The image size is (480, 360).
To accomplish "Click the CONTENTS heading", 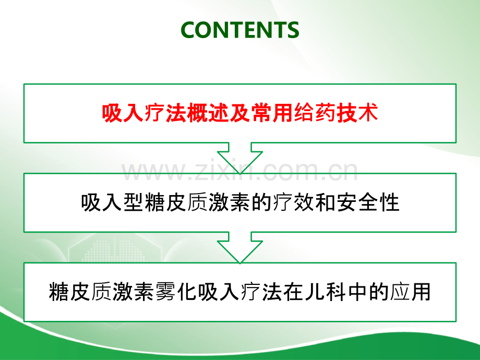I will (240, 30).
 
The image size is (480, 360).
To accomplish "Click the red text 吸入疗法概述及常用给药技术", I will (240, 113).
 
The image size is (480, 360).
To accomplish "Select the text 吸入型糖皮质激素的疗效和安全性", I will (240, 202).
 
